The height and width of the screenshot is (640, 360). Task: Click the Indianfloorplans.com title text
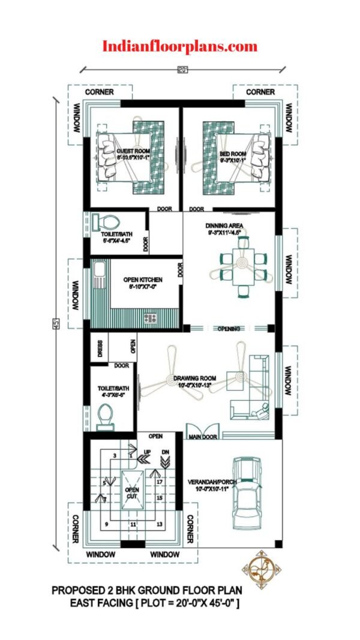coord(180,46)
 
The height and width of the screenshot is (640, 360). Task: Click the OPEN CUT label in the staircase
coord(132,493)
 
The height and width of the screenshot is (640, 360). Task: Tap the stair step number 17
coord(160,482)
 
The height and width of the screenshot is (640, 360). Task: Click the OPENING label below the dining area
coord(229,329)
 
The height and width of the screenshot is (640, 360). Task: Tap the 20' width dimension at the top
coord(182,70)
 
